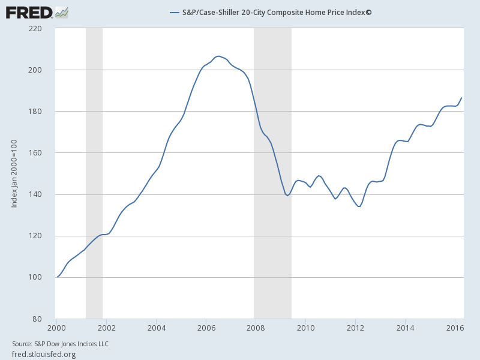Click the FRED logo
point(37,11)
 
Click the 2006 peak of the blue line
point(218,56)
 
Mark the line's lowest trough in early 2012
point(359,206)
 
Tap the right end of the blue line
point(461,97)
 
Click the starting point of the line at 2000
point(57,277)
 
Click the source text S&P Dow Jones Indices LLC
point(60,344)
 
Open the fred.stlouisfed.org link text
point(44,354)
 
